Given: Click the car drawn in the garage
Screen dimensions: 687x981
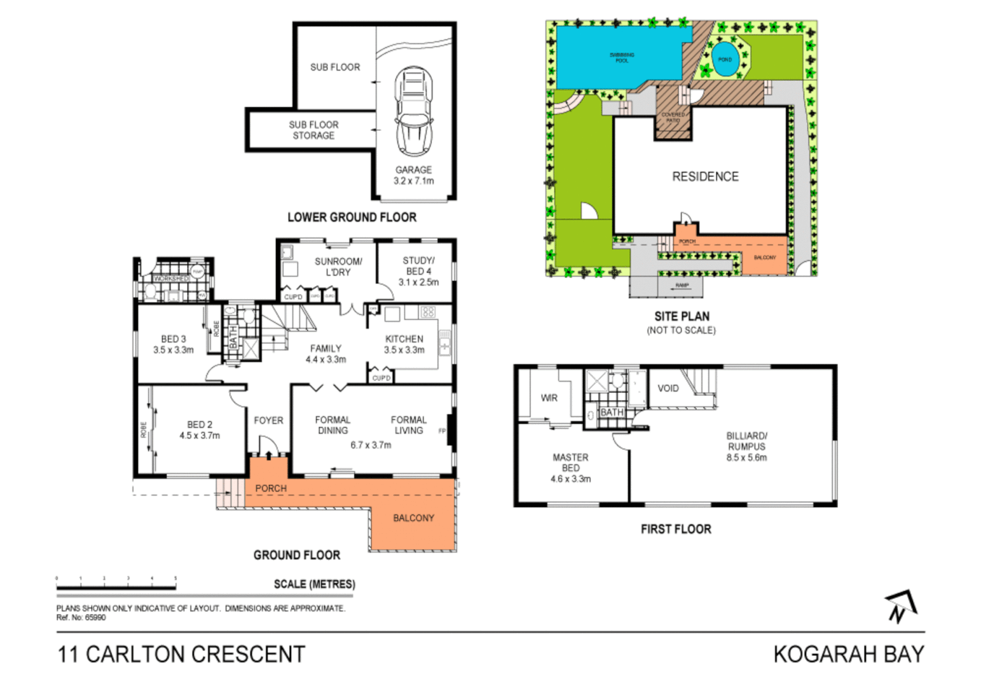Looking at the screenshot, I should click(413, 111).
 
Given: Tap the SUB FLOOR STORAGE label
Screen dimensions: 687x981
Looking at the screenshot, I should click(313, 130).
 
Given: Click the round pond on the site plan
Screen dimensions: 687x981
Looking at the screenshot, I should click(725, 59).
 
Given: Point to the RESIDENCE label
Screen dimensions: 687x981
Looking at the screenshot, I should click(705, 177).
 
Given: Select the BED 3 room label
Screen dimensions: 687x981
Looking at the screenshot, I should click(173, 339).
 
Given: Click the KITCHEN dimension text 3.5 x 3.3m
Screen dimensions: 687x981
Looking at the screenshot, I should click(404, 350).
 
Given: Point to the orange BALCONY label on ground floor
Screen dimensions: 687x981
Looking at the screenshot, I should click(413, 518).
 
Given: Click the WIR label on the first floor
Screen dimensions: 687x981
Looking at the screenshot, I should click(549, 398).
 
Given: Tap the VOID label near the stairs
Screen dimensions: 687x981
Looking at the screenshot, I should click(668, 388).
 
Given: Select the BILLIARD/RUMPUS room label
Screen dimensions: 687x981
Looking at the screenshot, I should click(746, 441).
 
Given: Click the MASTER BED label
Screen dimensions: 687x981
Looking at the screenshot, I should click(570, 462).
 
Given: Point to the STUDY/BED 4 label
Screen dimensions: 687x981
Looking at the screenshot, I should click(418, 266).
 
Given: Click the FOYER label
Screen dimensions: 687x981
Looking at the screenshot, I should click(268, 420).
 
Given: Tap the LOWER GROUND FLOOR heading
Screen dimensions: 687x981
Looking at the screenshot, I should click(352, 218).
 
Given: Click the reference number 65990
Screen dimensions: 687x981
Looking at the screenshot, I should click(95, 618).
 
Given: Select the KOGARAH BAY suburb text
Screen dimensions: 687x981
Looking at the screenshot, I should click(848, 655).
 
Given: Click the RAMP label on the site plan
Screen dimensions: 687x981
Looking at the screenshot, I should click(682, 286).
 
